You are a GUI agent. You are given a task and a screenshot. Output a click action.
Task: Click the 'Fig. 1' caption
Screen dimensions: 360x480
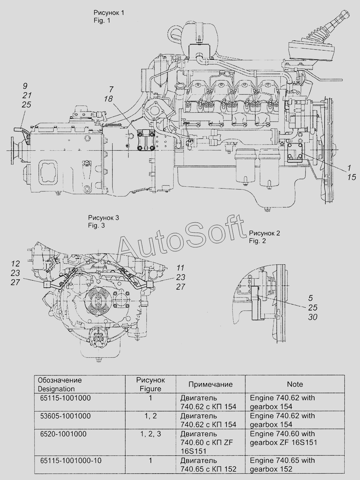[x=102, y=20]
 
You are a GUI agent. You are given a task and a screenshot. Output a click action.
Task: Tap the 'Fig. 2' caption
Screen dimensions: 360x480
[x=258, y=241]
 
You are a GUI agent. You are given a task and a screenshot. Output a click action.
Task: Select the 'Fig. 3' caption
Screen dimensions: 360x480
[x=96, y=226]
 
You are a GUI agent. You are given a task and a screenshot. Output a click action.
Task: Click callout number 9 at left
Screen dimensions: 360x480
[x=25, y=86]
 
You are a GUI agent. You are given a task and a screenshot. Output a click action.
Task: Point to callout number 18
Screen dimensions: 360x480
[x=108, y=99]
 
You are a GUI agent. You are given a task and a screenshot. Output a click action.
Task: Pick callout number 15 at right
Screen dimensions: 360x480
[x=351, y=177]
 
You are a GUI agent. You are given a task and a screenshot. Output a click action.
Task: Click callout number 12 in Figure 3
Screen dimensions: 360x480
[x=15, y=264]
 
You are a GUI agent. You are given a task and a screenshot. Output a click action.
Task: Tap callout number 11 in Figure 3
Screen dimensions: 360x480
[x=180, y=268]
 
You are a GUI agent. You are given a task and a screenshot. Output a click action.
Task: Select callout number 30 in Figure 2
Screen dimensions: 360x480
[x=313, y=317]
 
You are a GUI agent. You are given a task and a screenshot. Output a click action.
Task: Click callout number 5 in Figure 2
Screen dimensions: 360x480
[x=311, y=298]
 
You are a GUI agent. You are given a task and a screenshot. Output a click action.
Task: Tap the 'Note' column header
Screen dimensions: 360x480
[x=295, y=384]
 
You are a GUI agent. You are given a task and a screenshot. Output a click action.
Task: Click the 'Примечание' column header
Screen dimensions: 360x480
[x=210, y=384]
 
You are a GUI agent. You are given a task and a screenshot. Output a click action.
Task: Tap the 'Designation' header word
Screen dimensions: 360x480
[x=56, y=389]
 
